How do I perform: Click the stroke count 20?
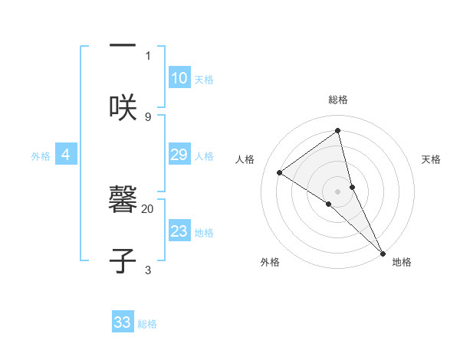pyautogui.click(x=148, y=208)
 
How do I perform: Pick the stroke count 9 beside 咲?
pyautogui.click(x=148, y=116)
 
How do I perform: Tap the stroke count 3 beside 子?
pyautogui.click(x=148, y=270)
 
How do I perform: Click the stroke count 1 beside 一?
pyautogui.click(x=148, y=55)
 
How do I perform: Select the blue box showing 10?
pyautogui.click(x=179, y=78)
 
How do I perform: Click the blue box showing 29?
pyautogui.click(x=179, y=155)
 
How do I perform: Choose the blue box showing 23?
pyautogui.click(x=179, y=231)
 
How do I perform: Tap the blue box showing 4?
pyautogui.click(x=66, y=155)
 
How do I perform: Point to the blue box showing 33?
pyautogui.click(x=123, y=322)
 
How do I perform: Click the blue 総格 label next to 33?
pyautogui.click(x=147, y=324)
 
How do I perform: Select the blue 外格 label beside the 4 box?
pyautogui.click(x=41, y=156)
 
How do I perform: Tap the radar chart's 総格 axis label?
pyautogui.click(x=338, y=100)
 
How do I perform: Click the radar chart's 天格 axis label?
pyautogui.click(x=431, y=159)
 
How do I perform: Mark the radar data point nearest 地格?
pyautogui.click(x=383, y=251)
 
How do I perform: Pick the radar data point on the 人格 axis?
pyautogui.click(x=280, y=172)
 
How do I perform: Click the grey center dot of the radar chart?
pyautogui.click(x=338, y=191)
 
